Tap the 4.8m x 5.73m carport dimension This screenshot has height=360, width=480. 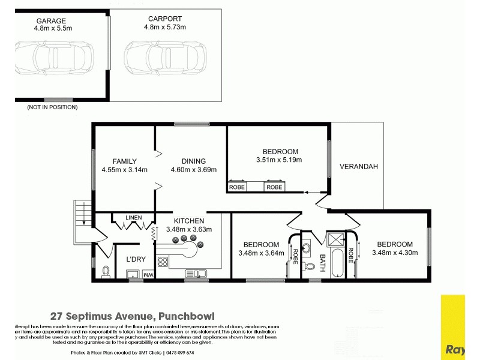point(166,27)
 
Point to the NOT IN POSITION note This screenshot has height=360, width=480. point(52,107)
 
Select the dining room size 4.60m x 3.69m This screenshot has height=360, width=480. point(188,170)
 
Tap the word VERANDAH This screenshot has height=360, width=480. point(358,167)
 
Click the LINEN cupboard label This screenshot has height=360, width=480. point(134,217)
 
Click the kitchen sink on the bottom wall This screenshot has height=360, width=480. point(196,274)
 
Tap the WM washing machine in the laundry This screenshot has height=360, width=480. point(148,275)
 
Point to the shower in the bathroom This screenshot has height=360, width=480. point(334,239)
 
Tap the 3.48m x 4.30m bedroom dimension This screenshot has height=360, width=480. point(394,253)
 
